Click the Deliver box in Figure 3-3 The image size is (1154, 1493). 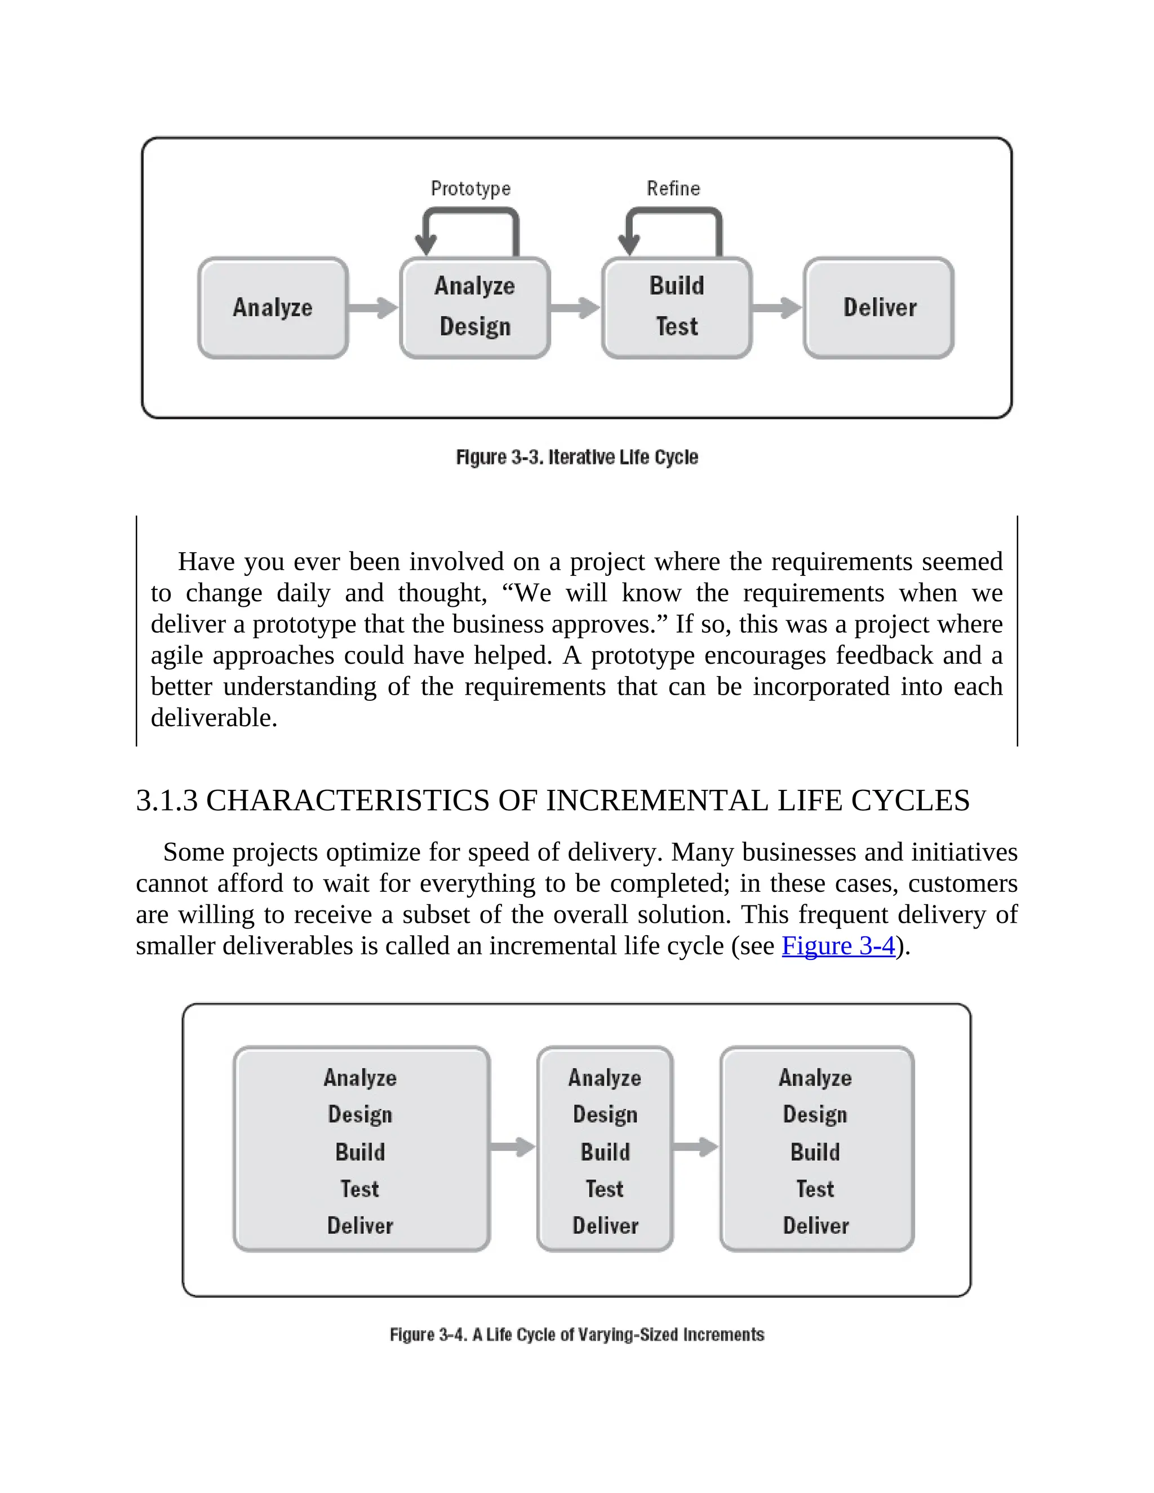878,308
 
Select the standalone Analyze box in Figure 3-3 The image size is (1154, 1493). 273,308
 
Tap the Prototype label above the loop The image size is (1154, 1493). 471,188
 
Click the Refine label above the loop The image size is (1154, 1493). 673,188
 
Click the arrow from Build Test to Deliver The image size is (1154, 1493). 777,308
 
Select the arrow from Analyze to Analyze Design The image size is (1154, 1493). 372,308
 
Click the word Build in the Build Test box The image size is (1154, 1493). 676,286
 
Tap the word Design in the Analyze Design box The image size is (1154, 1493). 475,327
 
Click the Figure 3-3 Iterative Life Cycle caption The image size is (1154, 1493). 577,457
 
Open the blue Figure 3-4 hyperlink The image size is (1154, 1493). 838,946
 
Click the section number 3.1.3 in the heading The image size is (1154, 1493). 167,801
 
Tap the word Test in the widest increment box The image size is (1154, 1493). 359,1189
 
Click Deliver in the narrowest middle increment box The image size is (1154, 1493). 605,1226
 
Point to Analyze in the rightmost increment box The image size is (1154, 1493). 815,1078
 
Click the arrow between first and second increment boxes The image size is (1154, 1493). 513,1147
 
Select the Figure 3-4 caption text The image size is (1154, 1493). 577,1334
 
